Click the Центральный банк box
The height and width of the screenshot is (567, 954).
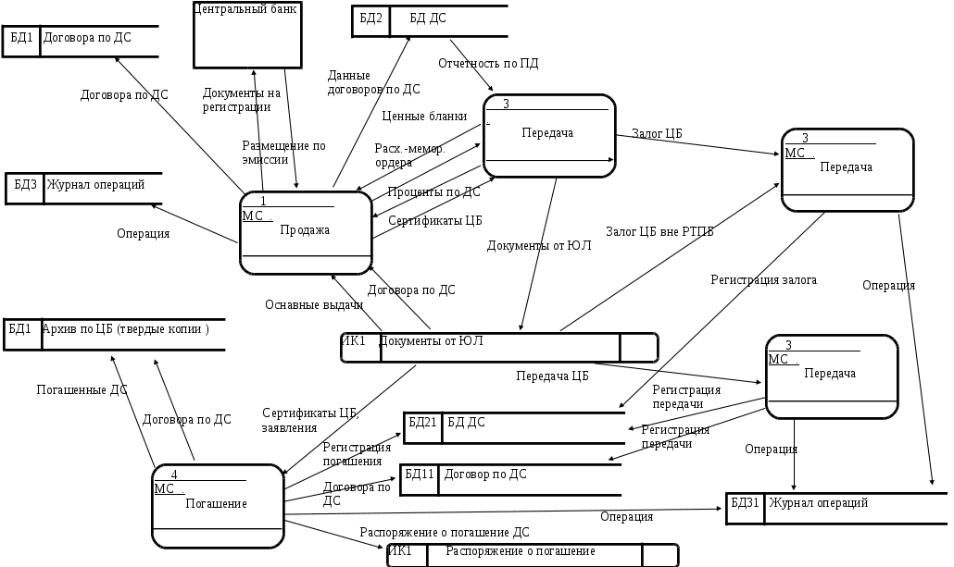(x=247, y=35)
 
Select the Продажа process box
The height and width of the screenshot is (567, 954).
(x=306, y=232)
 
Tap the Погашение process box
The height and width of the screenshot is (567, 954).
(x=217, y=505)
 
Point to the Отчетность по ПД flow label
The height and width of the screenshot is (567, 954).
(x=488, y=64)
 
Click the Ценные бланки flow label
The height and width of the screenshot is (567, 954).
(x=424, y=116)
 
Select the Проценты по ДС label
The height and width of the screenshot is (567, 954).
(x=433, y=192)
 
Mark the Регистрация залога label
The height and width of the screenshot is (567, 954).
(x=764, y=278)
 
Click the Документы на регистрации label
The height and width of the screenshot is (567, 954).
(x=241, y=99)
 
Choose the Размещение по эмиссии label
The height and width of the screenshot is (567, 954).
(x=284, y=152)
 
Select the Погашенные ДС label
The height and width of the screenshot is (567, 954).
(x=82, y=389)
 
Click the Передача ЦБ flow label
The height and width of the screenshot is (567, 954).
(x=553, y=376)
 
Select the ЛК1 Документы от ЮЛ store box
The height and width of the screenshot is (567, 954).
(x=499, y=346)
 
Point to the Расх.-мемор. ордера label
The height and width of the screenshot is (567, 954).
(x=408, y=154)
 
